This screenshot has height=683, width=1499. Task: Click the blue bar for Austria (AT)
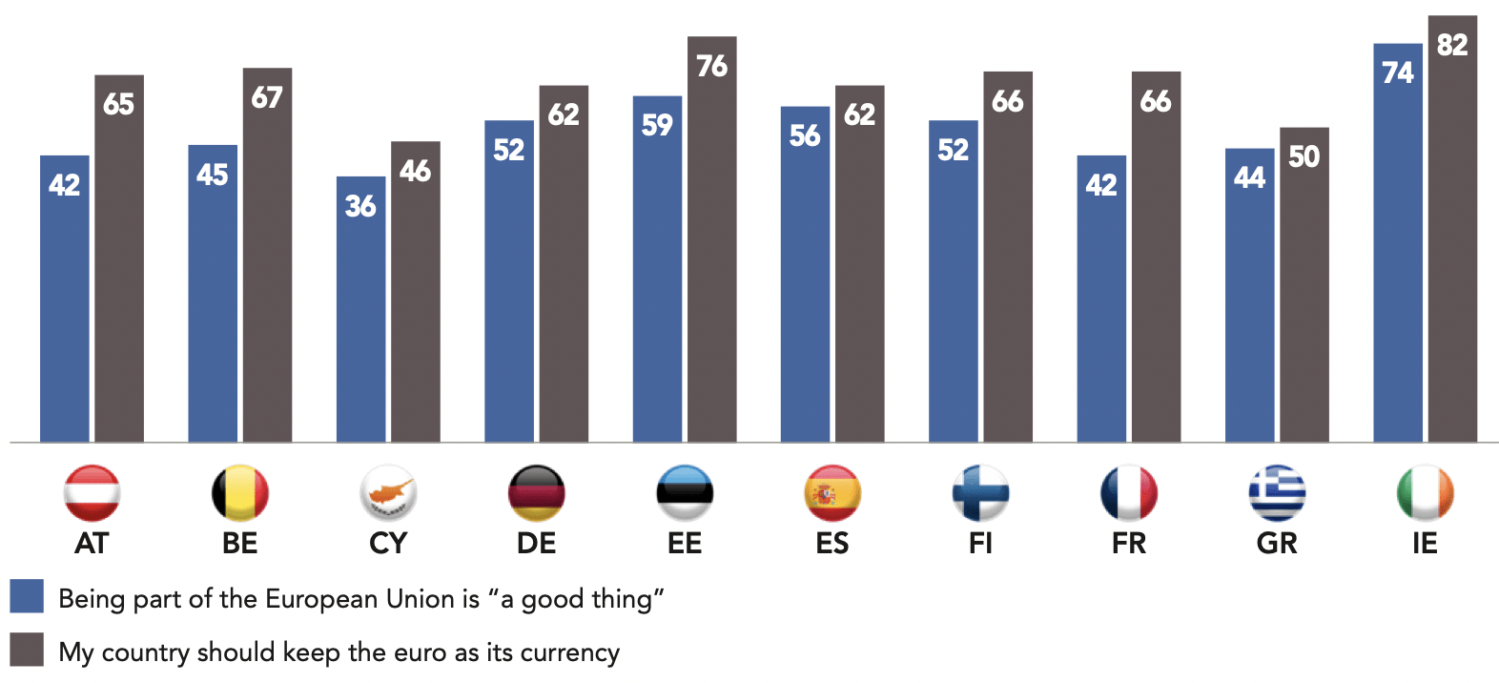[64, 305]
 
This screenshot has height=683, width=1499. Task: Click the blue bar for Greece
[1249, 305]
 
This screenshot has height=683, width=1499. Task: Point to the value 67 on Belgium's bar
[267, 97]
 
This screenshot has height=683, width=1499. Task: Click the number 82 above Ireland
[1451, 45]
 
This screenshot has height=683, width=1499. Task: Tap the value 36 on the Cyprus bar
[360, 206]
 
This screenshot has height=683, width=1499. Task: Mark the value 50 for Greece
[1304, 157]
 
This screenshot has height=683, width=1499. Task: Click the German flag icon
[536, 493]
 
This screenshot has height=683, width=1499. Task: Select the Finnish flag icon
[980, 493]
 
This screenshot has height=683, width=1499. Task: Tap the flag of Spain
[832, 493]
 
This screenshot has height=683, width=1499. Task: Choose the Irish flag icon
[1425, 493]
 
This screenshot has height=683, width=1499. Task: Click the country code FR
[1129, 544]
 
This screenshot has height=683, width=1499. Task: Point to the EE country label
[685, 544]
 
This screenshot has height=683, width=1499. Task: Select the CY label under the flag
[388, 544]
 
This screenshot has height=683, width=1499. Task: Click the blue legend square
[27, 596]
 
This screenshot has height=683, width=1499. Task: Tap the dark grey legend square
[27, 650]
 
